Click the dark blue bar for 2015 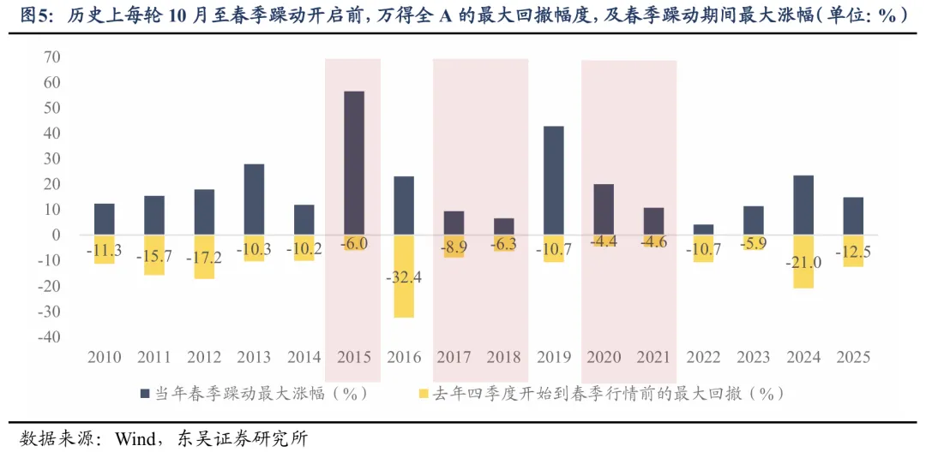[354, 163]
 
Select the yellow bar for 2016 [404, 277]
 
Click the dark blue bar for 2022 [703, 229]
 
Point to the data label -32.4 [404, 277]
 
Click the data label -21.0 [803, 263]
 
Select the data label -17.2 [204, 257]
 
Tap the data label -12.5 [853, 254]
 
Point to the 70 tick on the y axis [50, 57]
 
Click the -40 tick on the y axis [46, 336]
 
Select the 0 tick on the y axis [55, 235]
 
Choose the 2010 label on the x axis [105, 357]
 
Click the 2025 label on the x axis [853, 357]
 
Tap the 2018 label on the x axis [504, 357]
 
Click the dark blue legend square [146, 393]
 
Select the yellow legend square [421, 393]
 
